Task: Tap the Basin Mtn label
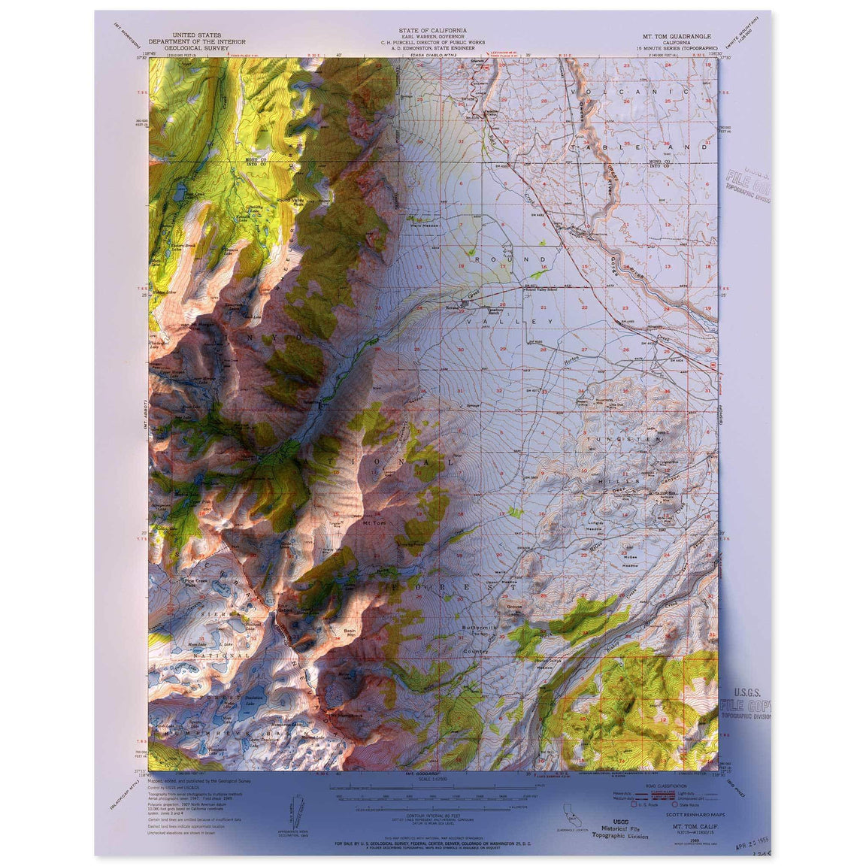pyautogui.click(x=350, y=632)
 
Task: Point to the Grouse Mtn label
pyautogui.click(x=514, y=606)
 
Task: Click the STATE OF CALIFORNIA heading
pyautogui.click(x=432, y=31)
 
